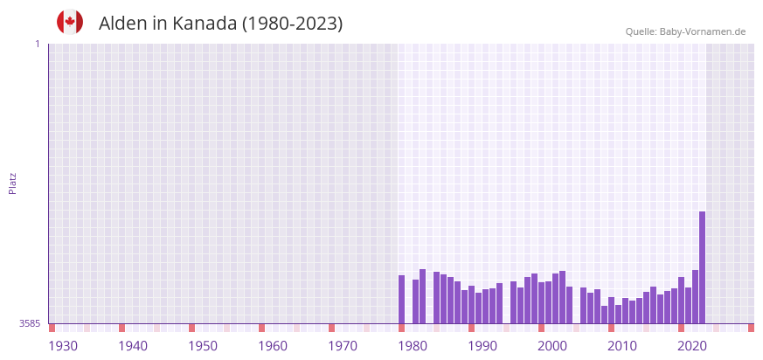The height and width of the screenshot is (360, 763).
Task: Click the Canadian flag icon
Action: coord(70,23)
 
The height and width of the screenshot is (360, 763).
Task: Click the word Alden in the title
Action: coord(123,24)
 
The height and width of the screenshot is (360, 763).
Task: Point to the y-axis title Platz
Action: coord(12,183)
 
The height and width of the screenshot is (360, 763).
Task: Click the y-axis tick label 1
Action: coord(37,44)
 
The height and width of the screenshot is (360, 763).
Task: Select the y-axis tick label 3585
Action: coord(29,323)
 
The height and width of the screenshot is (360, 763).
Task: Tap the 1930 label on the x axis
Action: coord(63,346)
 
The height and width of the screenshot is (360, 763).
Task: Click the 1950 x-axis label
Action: coord(203,346)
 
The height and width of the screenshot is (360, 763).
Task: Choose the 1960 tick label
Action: coord(273,346)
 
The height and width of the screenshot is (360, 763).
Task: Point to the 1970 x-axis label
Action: coord(343,346)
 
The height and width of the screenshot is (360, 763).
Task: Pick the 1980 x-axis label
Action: coord(413,346)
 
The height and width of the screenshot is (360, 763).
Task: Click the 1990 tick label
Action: coord(482,346)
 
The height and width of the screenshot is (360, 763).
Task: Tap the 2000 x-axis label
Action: coord(552,346)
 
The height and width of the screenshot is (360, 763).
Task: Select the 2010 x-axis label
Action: coord(622,346)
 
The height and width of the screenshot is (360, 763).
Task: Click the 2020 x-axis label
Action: coord(692,346)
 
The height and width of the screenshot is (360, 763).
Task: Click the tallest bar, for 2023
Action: coord(702,267)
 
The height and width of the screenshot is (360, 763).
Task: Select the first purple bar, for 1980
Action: coord(402,300)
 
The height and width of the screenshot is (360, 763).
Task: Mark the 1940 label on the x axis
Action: coord(133,346)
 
